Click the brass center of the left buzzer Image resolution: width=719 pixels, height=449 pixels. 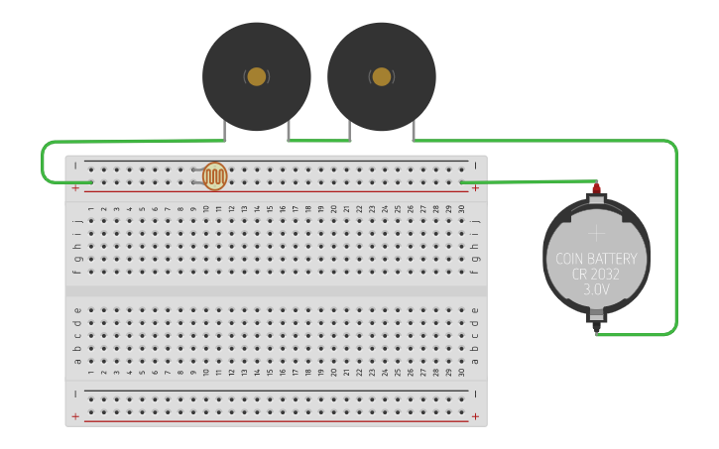point(256,76)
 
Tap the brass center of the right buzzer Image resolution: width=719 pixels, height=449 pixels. point(381,76)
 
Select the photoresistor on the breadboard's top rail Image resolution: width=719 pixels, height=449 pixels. point(214,176)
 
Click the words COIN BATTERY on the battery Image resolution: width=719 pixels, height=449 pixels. point(595,259)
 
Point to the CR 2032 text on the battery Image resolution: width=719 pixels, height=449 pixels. point(595,275)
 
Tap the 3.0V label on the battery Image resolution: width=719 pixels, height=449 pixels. point(595,290)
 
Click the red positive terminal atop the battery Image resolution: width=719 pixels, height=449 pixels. point(596,188)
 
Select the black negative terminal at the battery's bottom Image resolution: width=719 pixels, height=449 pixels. point(596,318)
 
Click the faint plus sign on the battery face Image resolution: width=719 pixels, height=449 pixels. point(595,234)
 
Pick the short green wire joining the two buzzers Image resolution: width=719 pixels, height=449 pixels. point(318,141)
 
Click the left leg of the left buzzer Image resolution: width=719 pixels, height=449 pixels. point(225,130)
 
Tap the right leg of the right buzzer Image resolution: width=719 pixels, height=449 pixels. point(413,130)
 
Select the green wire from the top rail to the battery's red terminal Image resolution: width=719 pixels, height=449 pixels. point(526,181)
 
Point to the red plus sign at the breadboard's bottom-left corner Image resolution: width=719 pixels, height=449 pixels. point(75,416)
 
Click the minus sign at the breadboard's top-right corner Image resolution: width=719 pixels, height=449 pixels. point(475,165)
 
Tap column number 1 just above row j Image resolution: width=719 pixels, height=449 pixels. point(91,209)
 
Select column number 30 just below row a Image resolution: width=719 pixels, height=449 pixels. point(461,373)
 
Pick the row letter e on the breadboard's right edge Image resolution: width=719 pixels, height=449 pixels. point(475,310)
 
